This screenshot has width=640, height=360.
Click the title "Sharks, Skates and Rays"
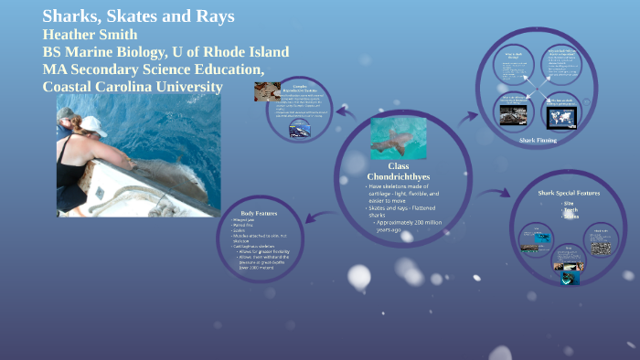[x=138, y=16]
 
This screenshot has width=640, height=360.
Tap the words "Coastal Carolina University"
[x=133, y=86]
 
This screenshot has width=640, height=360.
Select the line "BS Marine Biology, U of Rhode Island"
[x=165, y=51]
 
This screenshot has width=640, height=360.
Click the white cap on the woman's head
[x=93, y=124]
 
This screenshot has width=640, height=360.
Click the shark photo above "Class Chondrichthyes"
[x=398, y=138]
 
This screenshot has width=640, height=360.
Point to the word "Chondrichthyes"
[x=399, y=175]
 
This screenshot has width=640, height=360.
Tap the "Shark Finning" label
[x=538, y=140]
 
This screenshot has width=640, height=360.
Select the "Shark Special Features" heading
[x=570, y=193]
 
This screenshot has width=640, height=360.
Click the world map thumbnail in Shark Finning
[x=560, y=116]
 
